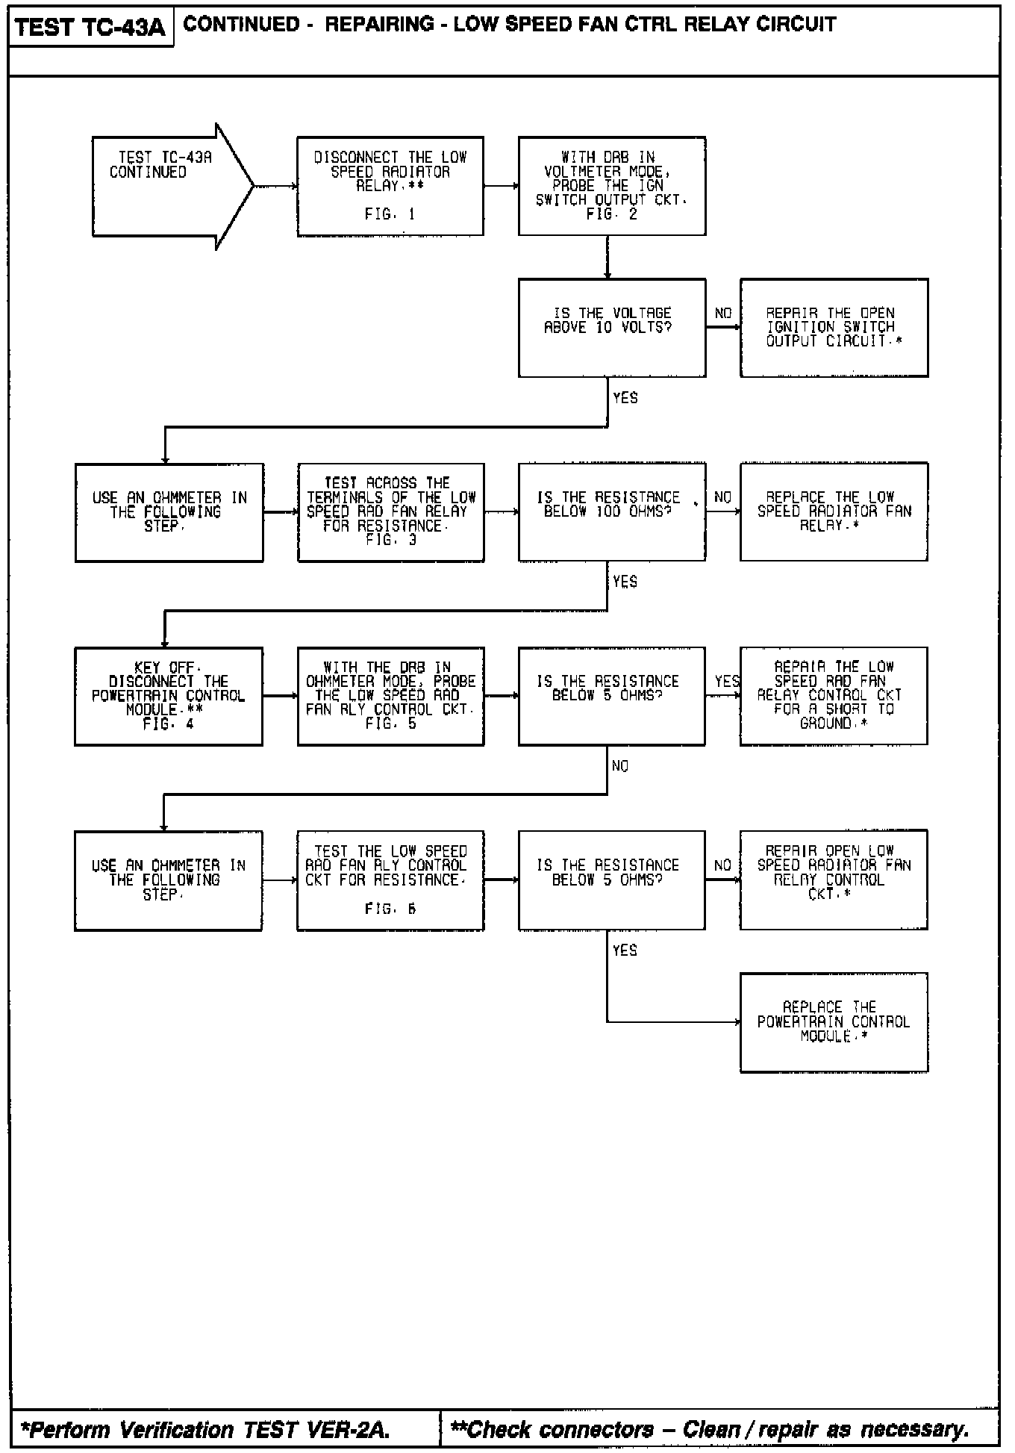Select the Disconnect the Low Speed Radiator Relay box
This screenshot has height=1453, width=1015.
[390, 186]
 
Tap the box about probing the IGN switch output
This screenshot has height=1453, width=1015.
[611, 186]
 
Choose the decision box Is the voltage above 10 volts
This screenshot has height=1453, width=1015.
[611, 327]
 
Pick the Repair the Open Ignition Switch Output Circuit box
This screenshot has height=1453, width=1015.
[834, 327]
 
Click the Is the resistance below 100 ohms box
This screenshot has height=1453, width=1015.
[611, 511]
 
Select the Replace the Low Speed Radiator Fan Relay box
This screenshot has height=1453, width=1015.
[834, 511]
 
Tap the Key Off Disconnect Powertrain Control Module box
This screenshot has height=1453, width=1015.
[168, 696]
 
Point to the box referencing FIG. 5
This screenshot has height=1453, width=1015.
[390, 696]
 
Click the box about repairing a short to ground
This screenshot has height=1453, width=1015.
[834, 696]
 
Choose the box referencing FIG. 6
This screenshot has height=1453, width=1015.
[390, 880]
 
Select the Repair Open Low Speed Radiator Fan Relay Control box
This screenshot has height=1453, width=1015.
[834, 880]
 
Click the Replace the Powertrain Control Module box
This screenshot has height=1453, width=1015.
[834, 1022]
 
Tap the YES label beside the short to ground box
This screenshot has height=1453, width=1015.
[726, 681]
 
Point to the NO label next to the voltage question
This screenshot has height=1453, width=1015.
[722, 313]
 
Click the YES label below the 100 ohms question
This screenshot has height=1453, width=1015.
[625, 582]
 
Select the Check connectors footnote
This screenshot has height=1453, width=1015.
[710, 1429]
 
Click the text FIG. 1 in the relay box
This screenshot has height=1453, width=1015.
[390, 214]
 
